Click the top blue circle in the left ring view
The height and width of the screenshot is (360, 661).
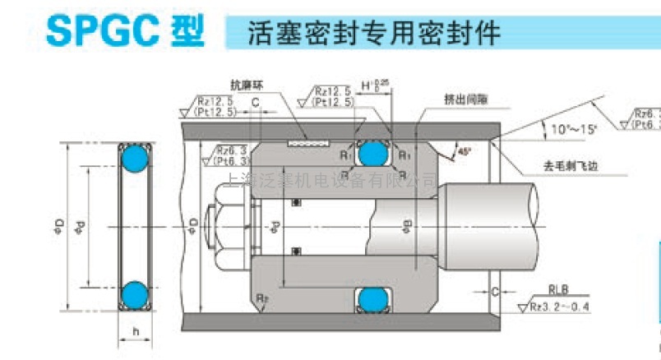pos(133,158)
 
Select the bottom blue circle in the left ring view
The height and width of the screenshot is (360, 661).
pos(133,293)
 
